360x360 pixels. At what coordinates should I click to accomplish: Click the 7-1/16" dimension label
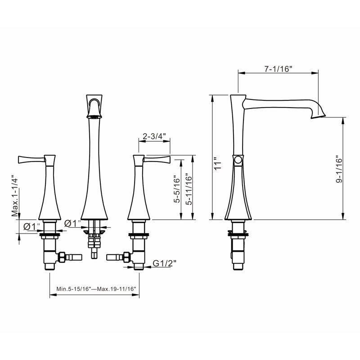pos(278,69)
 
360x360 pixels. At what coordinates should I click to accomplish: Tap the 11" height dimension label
pos(217,163)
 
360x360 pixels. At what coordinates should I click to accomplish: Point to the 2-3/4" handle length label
pos(154,136)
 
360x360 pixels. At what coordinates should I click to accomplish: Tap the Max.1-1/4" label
pos(15,196)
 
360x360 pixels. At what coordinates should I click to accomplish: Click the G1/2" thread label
pos(164,263)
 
